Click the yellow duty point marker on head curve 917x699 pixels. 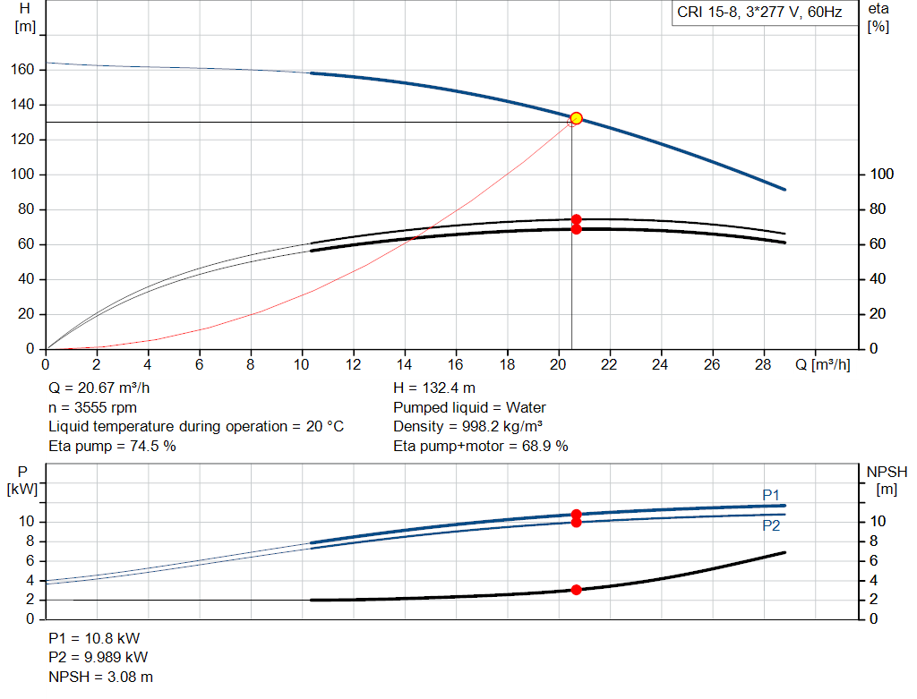click(576, 119)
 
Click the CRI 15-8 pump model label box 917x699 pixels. click(759, 13)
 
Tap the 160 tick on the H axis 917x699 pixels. click(22, 70)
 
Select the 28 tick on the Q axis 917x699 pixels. click(763, 364)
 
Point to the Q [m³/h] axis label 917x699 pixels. click(823, 364)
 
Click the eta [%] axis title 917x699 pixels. click(878, 18)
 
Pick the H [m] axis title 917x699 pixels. click(25, 18)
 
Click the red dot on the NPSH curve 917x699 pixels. click(576, 590)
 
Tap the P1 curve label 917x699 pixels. click(771, 495)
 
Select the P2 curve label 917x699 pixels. click(771, 525)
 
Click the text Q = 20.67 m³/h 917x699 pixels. click(99, 388)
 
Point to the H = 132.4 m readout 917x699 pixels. click(434, 388)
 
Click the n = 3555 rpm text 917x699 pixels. click(92, 407)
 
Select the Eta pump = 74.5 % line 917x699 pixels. click(112, 446)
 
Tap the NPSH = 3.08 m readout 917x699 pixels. click(100, 677)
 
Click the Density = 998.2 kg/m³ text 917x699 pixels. click(467, 427)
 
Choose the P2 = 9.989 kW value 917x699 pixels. click(99, 657)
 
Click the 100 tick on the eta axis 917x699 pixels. click(881, 175)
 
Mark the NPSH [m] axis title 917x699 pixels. click(887, 481)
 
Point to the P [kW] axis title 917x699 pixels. click(22, 481)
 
